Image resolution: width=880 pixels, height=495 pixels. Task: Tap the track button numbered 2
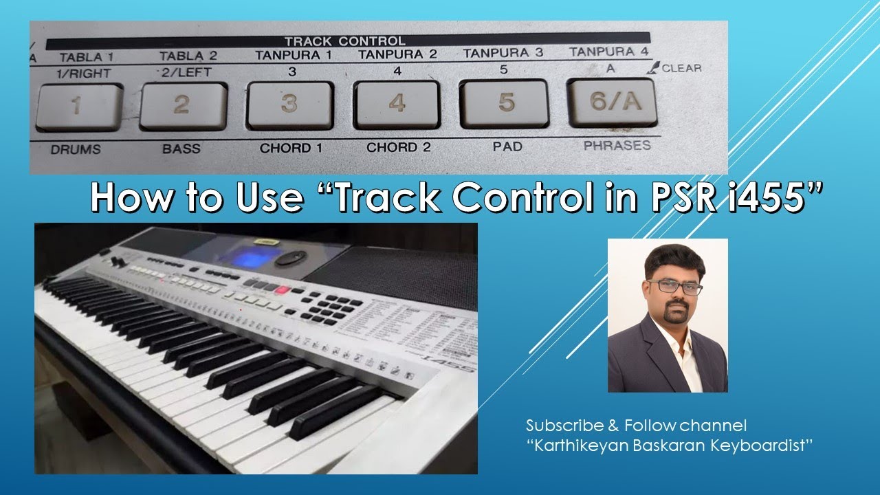(x=182, y=105)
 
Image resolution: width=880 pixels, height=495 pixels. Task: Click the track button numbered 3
(x=289, y=104)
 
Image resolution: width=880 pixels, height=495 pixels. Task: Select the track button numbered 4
(x=396, y=104)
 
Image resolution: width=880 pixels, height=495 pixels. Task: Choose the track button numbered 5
(x=504, y=103)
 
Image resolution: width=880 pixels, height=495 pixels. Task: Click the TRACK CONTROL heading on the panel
(x=344, y=41)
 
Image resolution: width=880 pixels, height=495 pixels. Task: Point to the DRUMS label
(x=76, y=148)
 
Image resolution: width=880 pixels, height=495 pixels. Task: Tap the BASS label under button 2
(x=181, y=148)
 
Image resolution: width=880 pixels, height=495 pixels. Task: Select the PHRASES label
(x=616, y=146)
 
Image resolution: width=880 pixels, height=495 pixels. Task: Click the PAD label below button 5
(x=507, y=146)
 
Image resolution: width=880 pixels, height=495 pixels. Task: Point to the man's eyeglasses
(x=674, y=286)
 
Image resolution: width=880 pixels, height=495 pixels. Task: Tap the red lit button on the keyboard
(x=282, y=290)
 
